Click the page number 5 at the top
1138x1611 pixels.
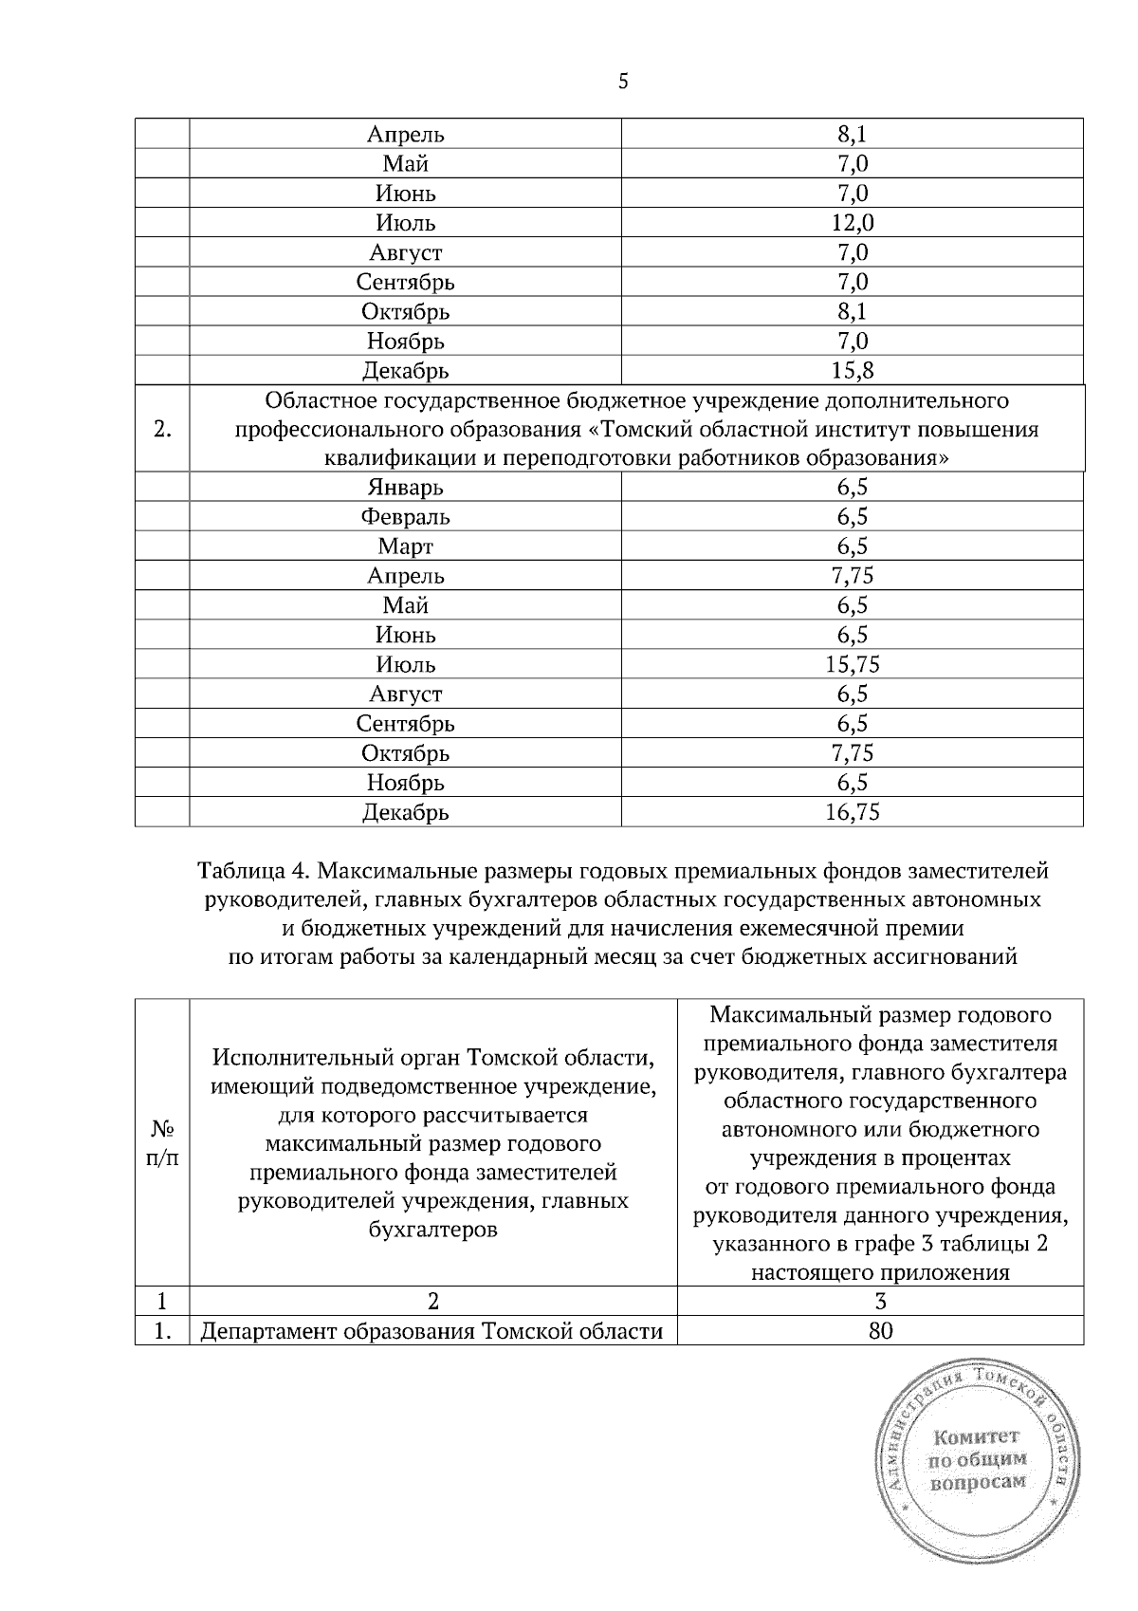pyautogui.click(x=623, y=82)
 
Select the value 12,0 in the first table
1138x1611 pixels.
pyautogui.click(x=852, y=223)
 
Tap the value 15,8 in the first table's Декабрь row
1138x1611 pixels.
pyautogui.click(x=852, y=370)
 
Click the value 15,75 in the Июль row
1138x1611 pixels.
pyautogui.click(x=852, y=664)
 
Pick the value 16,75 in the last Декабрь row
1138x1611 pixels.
pyautogui.click(x=852, y=811)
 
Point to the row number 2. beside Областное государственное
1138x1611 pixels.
pyautogui.click(x=162, y=429)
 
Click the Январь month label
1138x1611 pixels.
pyautogui.click(x=405, y=488)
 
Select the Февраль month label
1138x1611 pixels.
pyautogui.click(x=405, y=517)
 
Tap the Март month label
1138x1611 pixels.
pyautogui.click(x=405, y=546)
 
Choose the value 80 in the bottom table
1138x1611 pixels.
pyautogui.click(x=880, y=1331)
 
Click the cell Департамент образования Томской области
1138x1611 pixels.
pyautogui.click(x=431, y=1331)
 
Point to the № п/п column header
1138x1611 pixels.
pyautogui.click(x=162, y=1143)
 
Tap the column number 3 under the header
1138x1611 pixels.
pyautogui.click(x=880, y=1302)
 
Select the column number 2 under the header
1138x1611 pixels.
pyautogui.click(x=433, y=1302)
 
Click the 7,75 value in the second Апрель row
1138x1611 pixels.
pyautogui.click(x=852, y=576)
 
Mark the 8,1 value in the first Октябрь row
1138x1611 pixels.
pyautogui.click(x=852, y=311)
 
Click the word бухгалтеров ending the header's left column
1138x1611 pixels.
pyautogui.click(x=432, y=1230)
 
